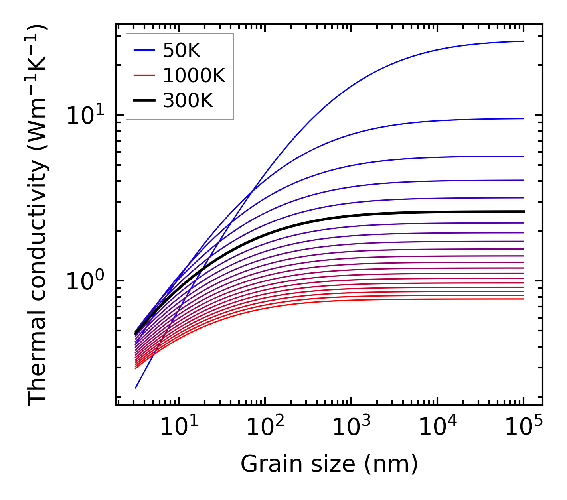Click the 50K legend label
click(182, 50)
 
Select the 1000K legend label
click(194, 75)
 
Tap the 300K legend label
click(188, 101)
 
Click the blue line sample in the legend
click(144, 50)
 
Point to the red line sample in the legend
click(144, 75)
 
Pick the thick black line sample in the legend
click(144, 101)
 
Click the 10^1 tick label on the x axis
click(178, 427)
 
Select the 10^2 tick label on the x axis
click(265, 427)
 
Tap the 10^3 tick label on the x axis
click(351, 427)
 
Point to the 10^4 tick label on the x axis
click(437, 427)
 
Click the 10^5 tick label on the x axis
click(523, 427)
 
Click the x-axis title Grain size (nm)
click(329, 464)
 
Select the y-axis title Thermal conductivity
click(38, 215)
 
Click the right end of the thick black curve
click(523, 211)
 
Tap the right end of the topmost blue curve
click(523, 41)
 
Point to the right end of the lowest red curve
click(523, 299)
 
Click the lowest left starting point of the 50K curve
click(136, 388)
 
